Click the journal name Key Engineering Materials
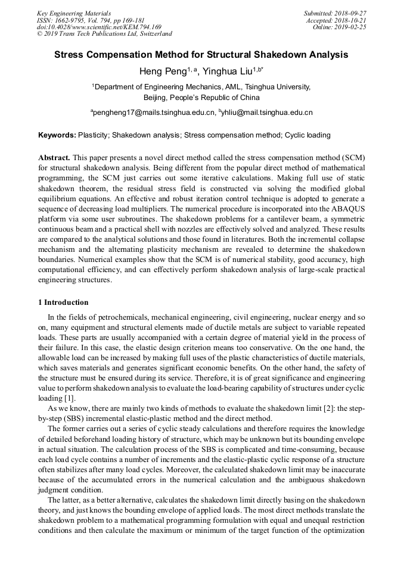pos(74,13)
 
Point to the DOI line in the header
pos(99,27)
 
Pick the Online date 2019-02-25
pos(354,27)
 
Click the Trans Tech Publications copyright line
pos(104,34)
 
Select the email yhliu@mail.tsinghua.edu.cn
pos(267,112)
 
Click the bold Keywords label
pos(57,135)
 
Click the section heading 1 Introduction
pos(63,302)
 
